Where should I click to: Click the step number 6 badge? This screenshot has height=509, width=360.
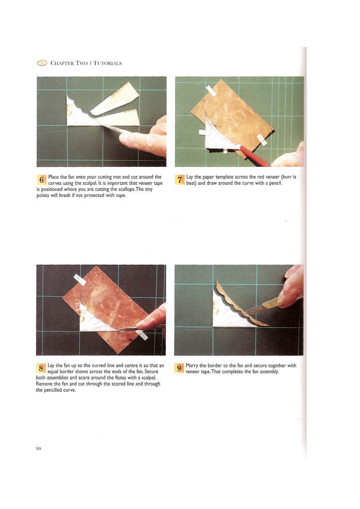tap(42, 179)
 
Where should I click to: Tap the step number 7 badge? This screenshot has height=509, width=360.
tap(180, 179)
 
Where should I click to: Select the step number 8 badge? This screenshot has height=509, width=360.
tap(41, 368)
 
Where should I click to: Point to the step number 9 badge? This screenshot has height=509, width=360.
tap(179, 368)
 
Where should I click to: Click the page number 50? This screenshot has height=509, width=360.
tap(38, 448)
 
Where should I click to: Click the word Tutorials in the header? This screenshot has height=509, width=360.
tap(108, 63)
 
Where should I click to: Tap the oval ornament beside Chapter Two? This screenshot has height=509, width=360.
tap(42, 63)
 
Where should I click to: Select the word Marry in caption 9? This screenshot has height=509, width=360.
tap(192, 366)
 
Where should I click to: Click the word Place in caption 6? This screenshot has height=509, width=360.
tap(53, 177)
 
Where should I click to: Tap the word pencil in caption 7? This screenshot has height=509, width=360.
tap(275, 183)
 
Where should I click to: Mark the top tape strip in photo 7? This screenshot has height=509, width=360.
tap(211, 91)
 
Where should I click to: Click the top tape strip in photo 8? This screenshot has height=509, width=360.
tap(80, 280)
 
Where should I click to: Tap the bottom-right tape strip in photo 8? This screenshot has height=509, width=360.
tap(142, 334)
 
